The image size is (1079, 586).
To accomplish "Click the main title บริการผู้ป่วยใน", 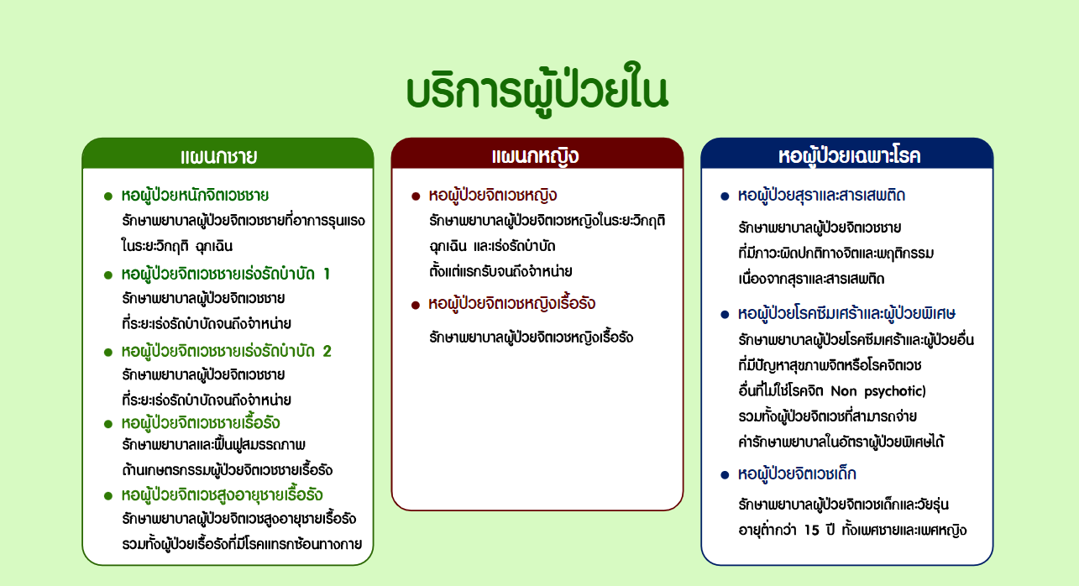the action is [x=537, y=90].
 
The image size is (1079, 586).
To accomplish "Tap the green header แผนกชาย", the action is [x=218, y=157].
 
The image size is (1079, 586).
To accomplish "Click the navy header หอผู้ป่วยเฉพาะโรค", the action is [x=849, y=156].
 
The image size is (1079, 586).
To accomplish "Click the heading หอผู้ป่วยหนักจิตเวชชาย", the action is [x=195, y=196].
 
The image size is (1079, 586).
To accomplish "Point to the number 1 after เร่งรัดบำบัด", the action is [x=327, y=274].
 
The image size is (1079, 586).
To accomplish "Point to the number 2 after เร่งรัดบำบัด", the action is [x=327, y=351].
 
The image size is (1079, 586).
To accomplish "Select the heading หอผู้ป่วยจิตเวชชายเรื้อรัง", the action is [x=201, y=422].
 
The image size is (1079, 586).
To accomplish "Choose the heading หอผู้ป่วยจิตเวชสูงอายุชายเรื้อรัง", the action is [x=222, y=495].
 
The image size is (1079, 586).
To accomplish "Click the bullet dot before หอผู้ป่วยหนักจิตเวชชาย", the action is [x=107, y=196].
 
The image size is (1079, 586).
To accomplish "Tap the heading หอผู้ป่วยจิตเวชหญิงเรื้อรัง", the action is [x=512, y=304].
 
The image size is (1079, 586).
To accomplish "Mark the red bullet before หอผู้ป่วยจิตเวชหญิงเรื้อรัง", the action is [x=415, y=305].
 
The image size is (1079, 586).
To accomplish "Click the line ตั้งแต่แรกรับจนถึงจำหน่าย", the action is [x=500, y=271].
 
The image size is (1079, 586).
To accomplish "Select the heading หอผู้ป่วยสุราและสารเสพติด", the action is [x=821, y=196].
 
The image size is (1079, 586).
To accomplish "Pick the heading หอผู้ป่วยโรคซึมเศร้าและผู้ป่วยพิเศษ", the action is [x=846, y=314].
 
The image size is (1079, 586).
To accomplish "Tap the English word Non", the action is [x=844, y=391].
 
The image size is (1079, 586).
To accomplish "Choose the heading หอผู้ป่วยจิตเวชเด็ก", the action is [x=797, y=474].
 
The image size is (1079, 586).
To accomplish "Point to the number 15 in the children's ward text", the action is [x=811, y=530].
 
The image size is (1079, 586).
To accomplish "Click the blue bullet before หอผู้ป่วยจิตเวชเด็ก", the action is [x=725, y=475].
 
